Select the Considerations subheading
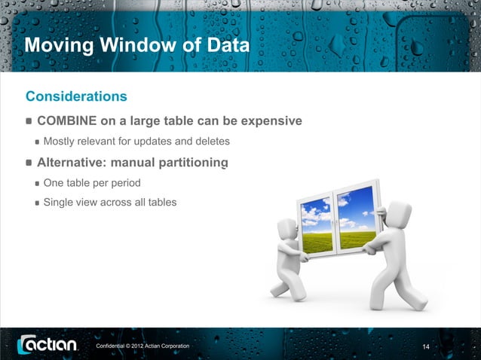coord(76,96)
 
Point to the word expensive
coord(267,121)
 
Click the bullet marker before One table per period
coord(37,183)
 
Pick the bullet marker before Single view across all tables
coord(37,203)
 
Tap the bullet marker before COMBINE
coord(29,121)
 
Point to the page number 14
coord(426,346)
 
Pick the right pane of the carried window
coord(355,218)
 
